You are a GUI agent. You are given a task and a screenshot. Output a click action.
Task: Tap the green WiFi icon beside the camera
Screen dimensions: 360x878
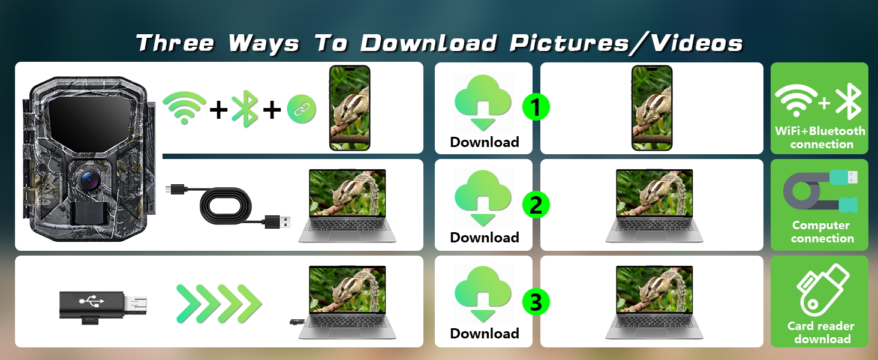184,108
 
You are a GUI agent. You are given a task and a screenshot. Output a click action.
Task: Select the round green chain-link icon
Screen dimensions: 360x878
302,109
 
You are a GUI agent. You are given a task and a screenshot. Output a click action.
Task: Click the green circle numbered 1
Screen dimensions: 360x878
536,108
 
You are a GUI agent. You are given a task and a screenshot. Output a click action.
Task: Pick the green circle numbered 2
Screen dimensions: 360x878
536,205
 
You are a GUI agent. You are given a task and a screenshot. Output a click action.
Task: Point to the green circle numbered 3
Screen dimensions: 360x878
536,302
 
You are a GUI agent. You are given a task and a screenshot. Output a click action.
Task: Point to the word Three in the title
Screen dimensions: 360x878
175,43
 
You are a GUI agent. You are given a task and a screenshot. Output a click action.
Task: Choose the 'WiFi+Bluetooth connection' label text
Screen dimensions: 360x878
820,137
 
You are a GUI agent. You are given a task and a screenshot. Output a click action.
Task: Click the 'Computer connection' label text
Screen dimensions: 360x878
821,232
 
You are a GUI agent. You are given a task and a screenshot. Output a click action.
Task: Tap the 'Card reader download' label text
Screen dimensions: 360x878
821,332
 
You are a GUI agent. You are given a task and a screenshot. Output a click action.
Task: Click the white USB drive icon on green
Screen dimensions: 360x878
822,290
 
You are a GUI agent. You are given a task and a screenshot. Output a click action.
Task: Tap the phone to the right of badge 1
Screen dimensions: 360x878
652,108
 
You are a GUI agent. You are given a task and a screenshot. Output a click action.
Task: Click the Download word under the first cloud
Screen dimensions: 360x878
485,142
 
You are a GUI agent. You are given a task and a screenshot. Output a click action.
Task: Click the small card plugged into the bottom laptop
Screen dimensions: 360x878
295,323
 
